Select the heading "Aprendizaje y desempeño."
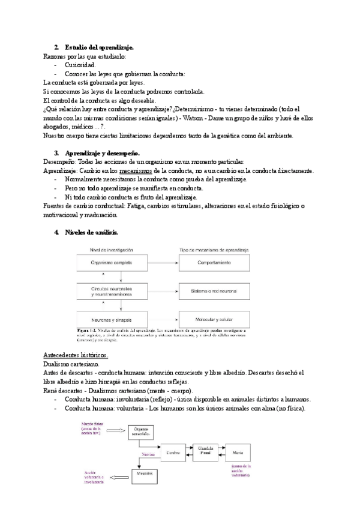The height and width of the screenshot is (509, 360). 102,154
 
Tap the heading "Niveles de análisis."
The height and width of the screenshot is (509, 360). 92,232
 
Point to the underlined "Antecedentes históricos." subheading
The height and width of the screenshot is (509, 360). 76,355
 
